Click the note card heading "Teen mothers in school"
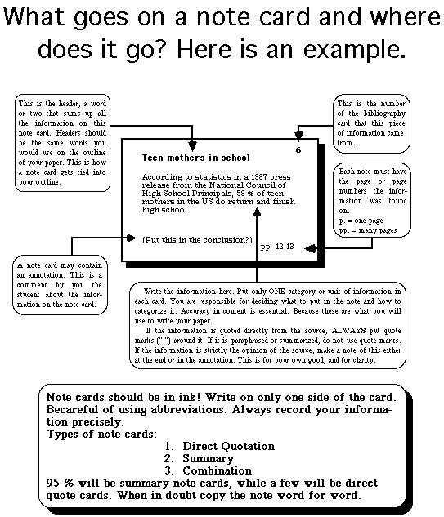195,157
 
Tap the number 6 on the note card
298,150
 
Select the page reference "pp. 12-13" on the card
276,245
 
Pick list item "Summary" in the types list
209,458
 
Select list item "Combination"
217,470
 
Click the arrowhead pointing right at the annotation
127,238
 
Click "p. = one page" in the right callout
364,221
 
